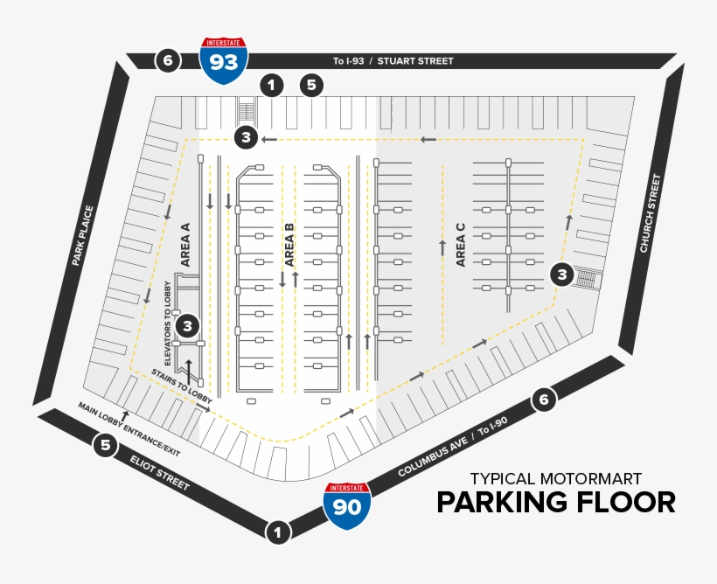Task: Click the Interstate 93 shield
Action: tap(223, 60)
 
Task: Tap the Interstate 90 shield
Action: tap(347, 506)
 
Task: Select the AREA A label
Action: tap(184, 244)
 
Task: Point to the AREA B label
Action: tap(289, 244)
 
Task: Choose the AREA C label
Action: tap(461, 244)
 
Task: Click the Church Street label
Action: tap(651, 213)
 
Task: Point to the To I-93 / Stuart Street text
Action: tap(393, 61)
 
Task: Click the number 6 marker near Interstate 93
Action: tap(168, 60)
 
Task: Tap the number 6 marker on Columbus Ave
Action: tap(544, 400)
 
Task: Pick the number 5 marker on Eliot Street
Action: tap(106, 445)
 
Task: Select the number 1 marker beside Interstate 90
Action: tap(278, 532)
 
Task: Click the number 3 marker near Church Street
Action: tap(562, 275)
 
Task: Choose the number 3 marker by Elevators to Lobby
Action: tap(187, 326)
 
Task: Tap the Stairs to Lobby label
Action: tap(181, 386)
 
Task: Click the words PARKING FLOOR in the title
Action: tap(556, 503)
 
